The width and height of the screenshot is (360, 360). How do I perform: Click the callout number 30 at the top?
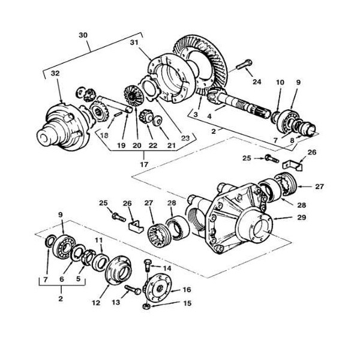click(83, 35)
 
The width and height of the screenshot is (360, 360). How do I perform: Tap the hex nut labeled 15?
click(147, 306)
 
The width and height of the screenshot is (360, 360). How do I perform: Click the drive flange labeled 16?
click(159, 286)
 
